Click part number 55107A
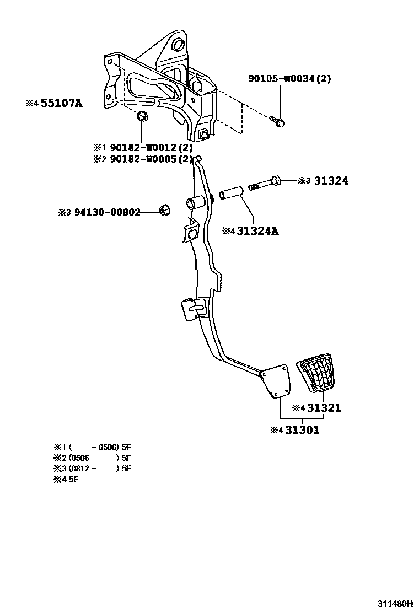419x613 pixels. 61,103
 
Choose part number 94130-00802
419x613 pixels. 106,212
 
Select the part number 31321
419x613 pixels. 324,408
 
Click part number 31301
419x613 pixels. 301,430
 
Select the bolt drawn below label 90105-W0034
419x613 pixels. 277,120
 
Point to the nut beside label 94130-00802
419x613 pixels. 164,209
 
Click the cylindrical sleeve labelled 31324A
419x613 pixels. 232,196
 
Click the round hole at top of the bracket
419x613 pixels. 176,44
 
